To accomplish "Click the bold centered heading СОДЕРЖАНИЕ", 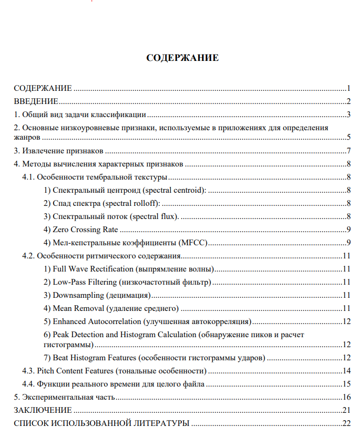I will click(182, 58).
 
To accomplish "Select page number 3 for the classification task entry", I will click(348, 115).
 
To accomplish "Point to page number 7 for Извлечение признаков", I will click(348, 151).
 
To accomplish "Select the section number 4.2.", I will click(28, 256).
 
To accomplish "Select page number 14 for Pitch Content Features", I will click(346, 371).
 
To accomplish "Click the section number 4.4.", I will click(28, 384).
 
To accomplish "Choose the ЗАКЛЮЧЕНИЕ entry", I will click(43, 410).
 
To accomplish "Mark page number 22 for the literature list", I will click(346, 423).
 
